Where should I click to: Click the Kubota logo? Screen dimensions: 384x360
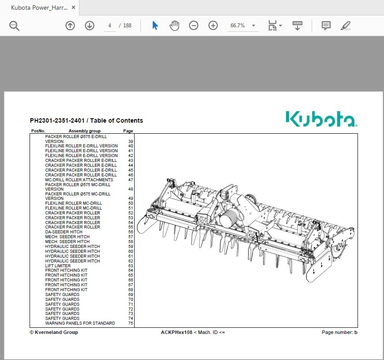(321, 119)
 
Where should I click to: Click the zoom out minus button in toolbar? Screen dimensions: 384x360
(194, 26)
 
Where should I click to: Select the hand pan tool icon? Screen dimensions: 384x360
(174, 26)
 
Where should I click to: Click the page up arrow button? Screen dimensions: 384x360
(70, 26)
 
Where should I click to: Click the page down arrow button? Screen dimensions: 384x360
(90, 26)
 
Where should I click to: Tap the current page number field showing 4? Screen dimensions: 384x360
(109, 26)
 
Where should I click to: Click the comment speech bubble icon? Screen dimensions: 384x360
(326, 26)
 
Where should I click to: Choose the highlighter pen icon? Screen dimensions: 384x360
(346, 26)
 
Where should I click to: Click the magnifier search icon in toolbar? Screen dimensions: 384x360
(14, 26)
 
